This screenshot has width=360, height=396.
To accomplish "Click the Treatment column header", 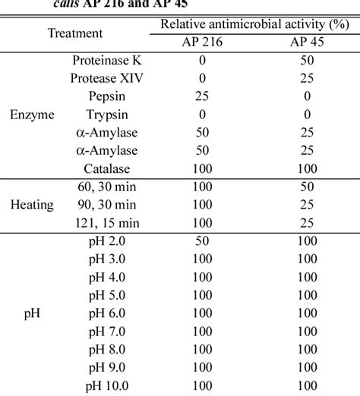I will (x=76, y=33).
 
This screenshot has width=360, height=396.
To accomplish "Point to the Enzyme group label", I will (x=33, y=117).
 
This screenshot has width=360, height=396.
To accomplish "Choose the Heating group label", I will (x=33, y=205).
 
